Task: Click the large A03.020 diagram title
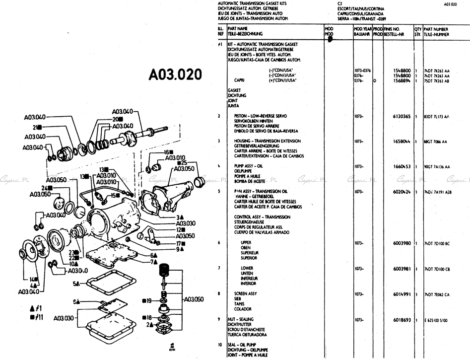176,74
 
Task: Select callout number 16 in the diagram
168,152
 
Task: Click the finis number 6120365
402,116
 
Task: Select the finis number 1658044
402,142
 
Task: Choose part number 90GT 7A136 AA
437,167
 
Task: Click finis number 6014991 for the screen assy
402,293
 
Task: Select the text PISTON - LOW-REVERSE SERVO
261,116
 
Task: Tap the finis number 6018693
402,319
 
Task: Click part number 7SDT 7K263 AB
437,80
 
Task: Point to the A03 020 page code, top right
450,4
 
